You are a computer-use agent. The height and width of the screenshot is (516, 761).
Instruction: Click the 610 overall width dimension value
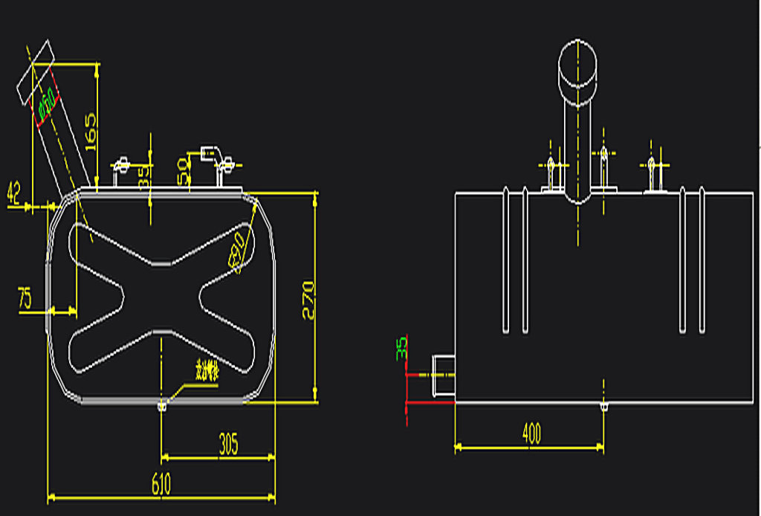161,484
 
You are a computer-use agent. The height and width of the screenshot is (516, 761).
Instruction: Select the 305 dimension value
228,445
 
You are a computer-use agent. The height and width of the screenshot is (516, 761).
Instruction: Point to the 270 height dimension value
308,299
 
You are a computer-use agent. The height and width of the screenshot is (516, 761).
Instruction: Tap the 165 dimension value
91,131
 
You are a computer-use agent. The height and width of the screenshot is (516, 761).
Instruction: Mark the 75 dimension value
25,299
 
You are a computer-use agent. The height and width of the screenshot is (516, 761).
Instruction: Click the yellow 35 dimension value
144,175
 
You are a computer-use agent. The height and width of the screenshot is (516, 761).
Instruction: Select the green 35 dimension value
401,346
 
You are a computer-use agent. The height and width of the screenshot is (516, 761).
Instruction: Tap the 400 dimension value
531,433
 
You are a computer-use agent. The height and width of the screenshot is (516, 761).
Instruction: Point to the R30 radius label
237,253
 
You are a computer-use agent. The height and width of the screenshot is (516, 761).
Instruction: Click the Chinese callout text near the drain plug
206,371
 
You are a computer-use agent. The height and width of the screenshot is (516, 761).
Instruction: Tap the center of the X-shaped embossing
161,297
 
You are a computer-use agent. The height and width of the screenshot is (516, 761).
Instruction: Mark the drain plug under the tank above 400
603,407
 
